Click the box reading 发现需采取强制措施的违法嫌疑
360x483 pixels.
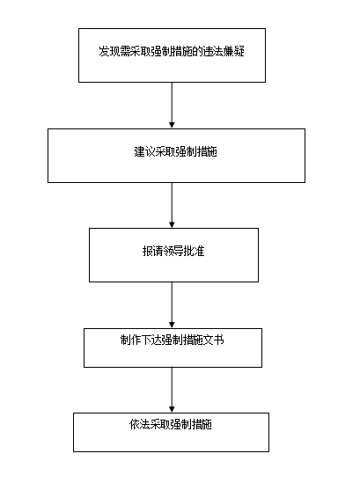(x=172, y=55)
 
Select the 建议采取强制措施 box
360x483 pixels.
(x=176, y=156)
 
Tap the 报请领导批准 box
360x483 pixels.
(x=173, y=255)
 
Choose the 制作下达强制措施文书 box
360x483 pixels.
(x=173, y=348)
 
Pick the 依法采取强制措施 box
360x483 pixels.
(x=171, y=433)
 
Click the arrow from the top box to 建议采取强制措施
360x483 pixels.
(x=172, y=106)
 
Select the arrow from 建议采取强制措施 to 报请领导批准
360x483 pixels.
(x=172, y=205)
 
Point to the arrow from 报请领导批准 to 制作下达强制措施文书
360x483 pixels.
(x=172, y=305)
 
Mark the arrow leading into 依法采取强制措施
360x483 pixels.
(x=172, y=390)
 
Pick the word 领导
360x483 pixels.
(x=173, y=251)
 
